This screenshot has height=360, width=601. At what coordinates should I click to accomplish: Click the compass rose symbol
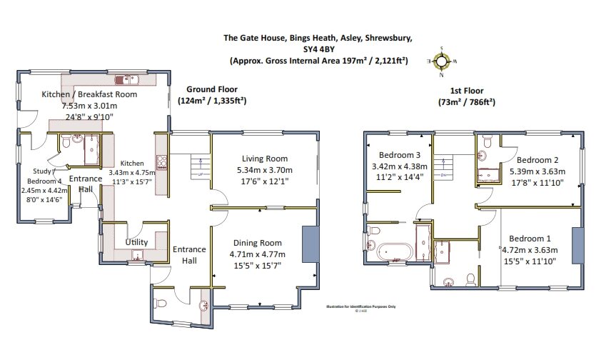point(442,61)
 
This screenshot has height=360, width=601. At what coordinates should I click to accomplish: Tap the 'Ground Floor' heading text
point(212,89)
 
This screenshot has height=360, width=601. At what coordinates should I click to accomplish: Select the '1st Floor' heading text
point(466,91)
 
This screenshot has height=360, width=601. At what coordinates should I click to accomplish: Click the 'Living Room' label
point(264,159)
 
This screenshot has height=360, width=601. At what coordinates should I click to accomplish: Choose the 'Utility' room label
point(136,243)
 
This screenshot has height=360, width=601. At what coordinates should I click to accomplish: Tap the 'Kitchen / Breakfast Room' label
point(89,94)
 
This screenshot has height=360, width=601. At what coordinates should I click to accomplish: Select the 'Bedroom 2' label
point(537,160)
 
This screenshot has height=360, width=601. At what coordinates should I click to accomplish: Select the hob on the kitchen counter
point(161,161)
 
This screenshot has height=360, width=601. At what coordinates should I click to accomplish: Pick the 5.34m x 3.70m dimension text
point(264,171)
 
